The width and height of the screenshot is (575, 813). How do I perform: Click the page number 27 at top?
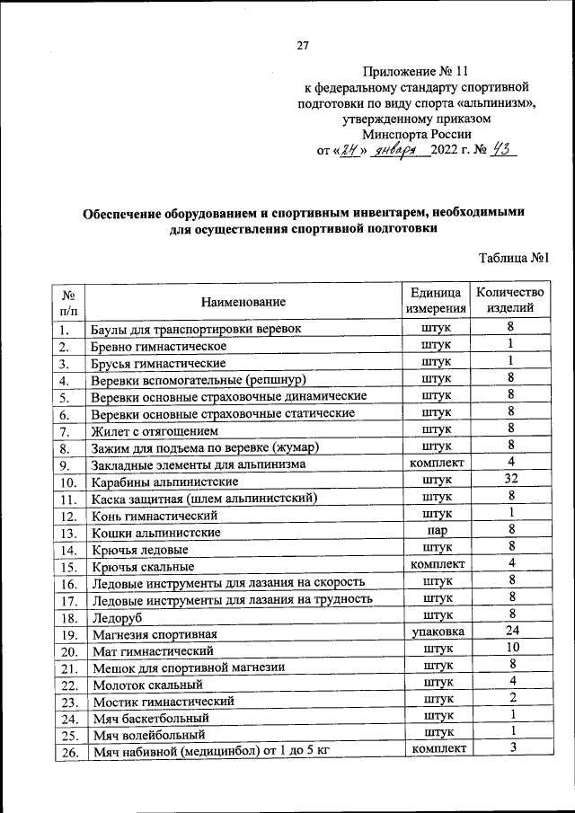[x=302, y=47]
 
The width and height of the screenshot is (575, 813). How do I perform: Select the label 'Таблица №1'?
[x=514, y=259]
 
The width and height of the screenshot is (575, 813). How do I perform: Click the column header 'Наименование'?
[x=243, y=301]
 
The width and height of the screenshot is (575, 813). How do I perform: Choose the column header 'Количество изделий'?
[x=509, y=300]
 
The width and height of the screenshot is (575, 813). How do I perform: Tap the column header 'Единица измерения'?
[x=436, y=301]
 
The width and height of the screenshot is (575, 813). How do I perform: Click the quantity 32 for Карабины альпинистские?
[x=509, y=480]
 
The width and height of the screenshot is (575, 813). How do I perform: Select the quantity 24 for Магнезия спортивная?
[x=509, y=632]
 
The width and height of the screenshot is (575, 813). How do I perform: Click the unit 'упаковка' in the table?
[x=436, y=632]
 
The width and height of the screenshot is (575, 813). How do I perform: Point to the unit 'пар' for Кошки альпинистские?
[x=436, y=531]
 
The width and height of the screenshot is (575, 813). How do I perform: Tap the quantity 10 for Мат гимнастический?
[x=509, y=648]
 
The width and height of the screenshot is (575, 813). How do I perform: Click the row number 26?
[x=66, y=750]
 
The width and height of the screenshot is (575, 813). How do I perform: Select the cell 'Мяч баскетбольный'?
[x=150, y=719]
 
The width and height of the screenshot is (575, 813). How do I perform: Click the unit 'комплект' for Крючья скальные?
[x=436, y=565]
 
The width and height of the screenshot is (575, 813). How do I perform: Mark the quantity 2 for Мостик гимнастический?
[x=509, y=698]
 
